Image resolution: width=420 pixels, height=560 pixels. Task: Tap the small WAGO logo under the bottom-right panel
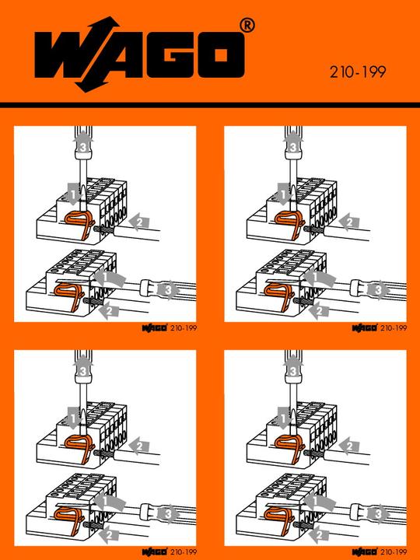point(363,551)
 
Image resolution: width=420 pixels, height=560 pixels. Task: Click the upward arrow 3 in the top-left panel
point(82,145)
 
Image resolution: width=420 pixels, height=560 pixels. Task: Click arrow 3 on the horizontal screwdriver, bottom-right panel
point(377,514)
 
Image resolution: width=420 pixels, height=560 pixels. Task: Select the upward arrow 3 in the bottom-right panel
point(292,370)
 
